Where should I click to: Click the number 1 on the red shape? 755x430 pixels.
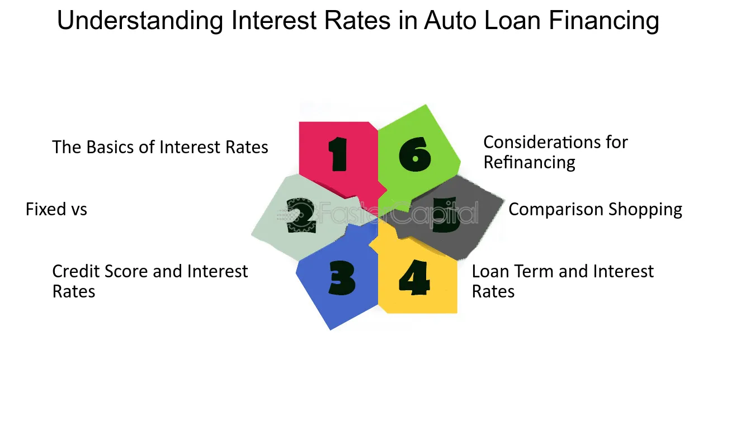tap(338, 154)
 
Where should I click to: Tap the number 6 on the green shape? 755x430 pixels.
tap(415, 154)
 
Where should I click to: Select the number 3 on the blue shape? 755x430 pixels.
tap(342, 278)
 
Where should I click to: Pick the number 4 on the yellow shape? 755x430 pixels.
tap(414, 277)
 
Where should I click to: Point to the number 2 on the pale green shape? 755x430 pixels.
tap(301, 216)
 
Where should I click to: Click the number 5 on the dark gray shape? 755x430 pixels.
tap(446, 215)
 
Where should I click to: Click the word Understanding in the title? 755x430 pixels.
tap(140, 21)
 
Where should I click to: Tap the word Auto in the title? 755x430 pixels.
tap(450, 20)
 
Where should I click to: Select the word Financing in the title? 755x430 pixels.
tap(603, 21)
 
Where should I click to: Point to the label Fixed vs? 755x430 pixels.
tap(56, 209)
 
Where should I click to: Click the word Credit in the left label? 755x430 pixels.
tap(76, 271)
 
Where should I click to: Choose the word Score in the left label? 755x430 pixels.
tap(127, 272)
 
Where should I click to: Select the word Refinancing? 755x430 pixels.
tap(529, 163)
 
